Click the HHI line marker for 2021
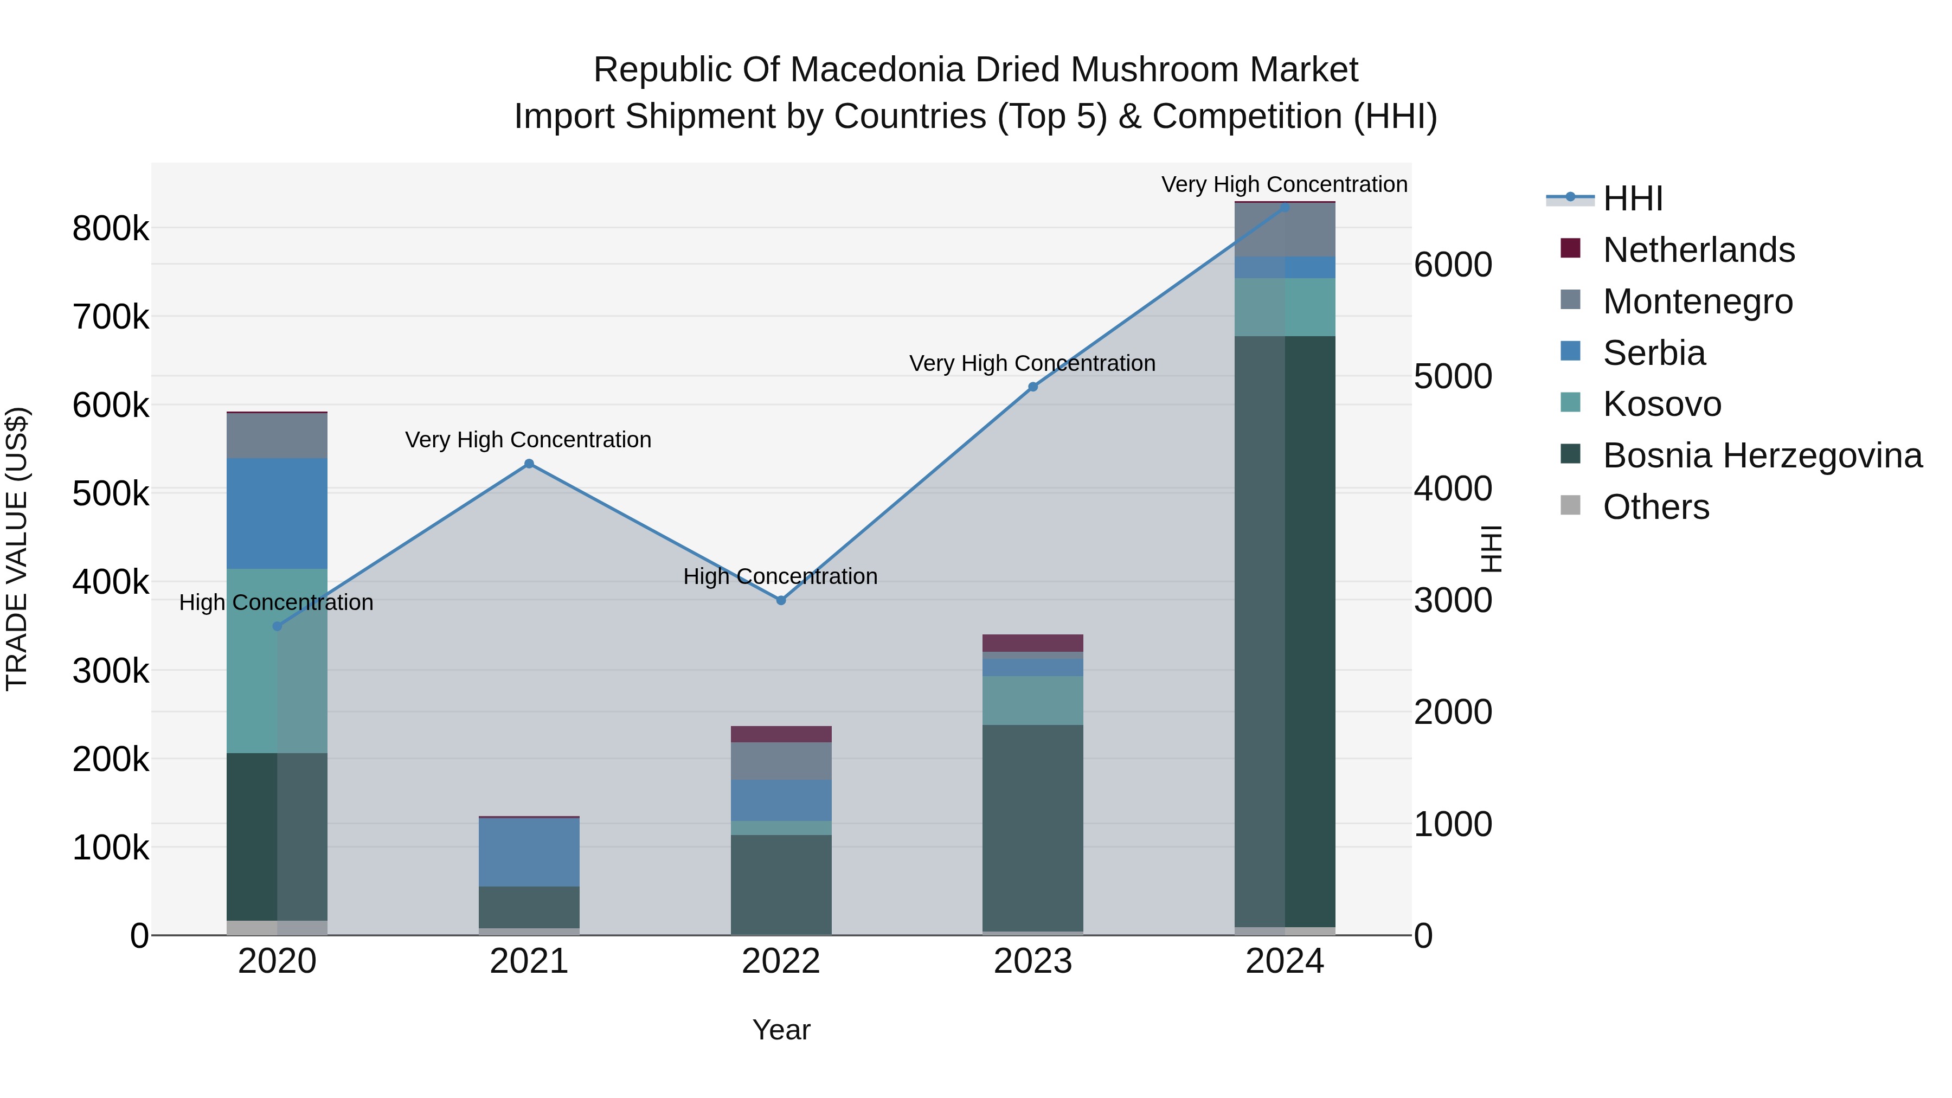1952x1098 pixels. pos(529,464)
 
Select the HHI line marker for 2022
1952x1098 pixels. pos(781,600)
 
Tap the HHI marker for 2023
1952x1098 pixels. pos(1033,387)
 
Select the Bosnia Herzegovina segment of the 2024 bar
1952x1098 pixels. pos(1285,631)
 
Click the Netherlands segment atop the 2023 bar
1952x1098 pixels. pos(1033,643)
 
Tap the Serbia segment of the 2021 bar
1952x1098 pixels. pos(529,852)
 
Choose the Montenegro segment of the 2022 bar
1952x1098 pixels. pos(781,761)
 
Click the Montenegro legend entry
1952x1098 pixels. pos(1697,301)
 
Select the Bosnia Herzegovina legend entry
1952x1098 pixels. pos(1762,456)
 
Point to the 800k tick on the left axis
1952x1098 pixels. pos(111,228)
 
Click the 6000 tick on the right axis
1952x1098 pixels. pos(1453,265)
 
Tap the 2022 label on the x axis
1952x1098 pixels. pos(781,961)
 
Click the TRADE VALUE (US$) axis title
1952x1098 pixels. pos(17,549)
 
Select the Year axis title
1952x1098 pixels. pos(781,1030)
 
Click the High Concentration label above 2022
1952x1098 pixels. pos(780,577)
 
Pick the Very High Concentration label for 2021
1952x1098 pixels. pos(528,440)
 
